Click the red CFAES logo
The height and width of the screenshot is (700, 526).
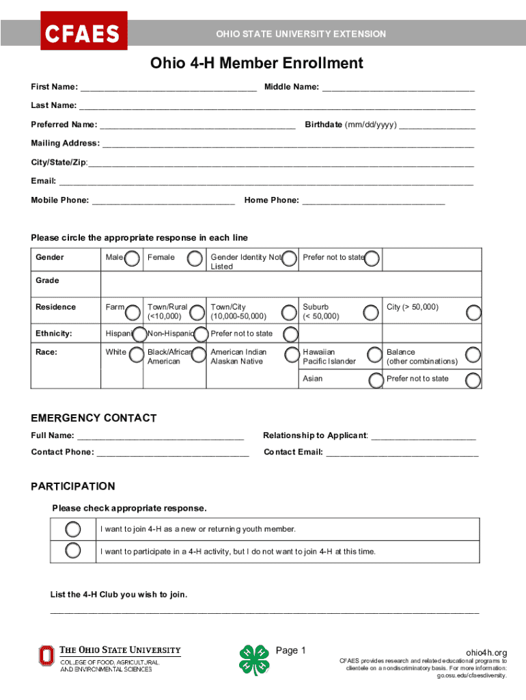[83, 31]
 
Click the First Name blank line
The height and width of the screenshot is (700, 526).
[168, 87]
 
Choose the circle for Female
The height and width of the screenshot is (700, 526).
[195, 258]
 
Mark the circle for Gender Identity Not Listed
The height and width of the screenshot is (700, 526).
[290, 258]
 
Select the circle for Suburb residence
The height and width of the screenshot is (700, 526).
[370, 312]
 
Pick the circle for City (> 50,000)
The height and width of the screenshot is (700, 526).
[473, 312]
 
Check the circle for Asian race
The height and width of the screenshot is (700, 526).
[375, 380]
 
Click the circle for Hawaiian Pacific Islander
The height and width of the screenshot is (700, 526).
[374, 354]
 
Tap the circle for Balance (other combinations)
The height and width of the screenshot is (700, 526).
[473, 354]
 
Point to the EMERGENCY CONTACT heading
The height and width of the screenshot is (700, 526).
[94, 418]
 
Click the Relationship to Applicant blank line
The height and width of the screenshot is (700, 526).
[423, 436]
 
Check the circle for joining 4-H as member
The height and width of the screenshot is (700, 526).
[73, 529]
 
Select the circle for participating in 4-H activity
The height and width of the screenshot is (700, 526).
[73, 551]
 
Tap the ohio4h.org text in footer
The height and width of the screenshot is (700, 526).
[486, 653]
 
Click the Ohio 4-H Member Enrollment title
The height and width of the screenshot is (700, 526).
[257, 64]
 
